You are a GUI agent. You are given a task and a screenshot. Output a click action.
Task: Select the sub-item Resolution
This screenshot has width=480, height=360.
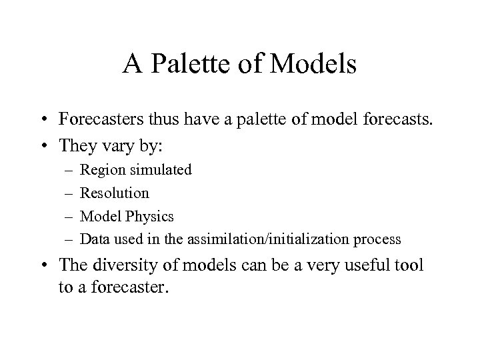pyautogui.click(x=115, y=193)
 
